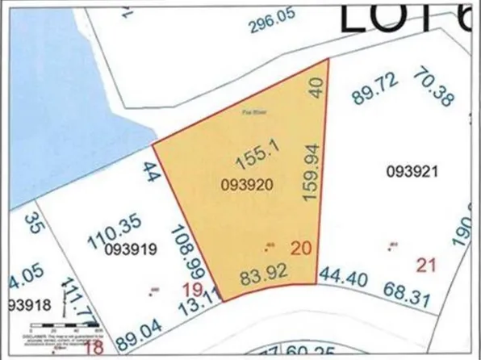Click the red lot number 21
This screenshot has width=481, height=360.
pyautogui.click(x=425, y=265)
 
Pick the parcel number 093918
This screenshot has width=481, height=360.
pyautogui.click(x=27, y=305)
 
